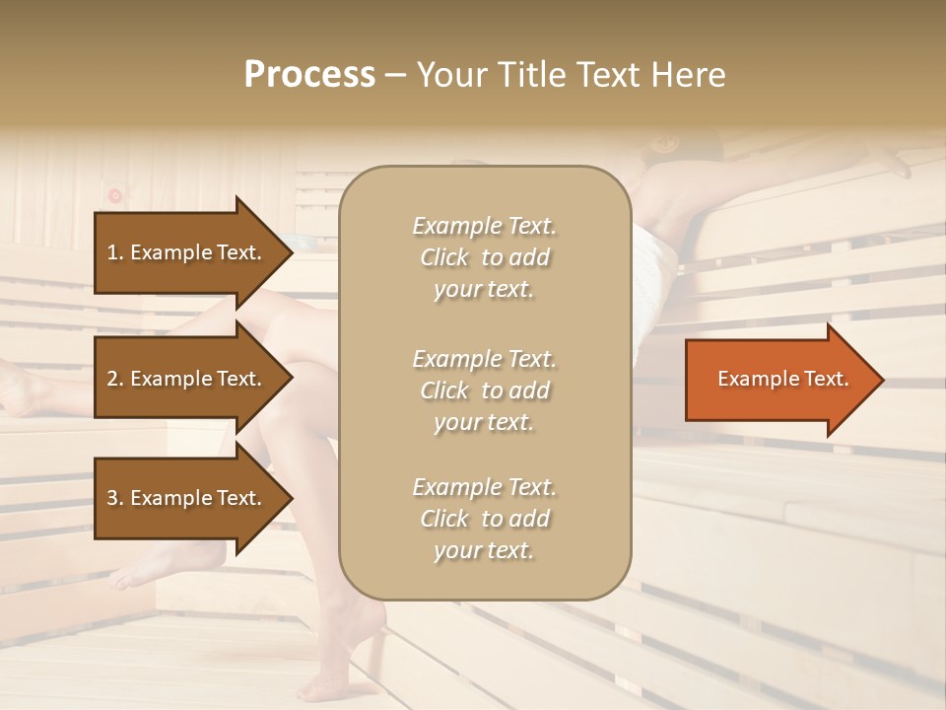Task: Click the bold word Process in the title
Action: pos(309,75)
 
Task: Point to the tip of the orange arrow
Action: pos(881,380)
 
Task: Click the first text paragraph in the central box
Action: pos(484,257)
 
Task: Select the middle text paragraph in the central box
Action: pos(484,390)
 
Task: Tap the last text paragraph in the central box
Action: pos(484,519)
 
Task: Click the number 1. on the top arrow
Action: pos(115,252)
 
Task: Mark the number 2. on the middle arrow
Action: pos(115,379)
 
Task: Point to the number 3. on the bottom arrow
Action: pos(115,498)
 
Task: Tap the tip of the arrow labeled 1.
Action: pos(291,252)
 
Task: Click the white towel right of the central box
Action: pos(654,247)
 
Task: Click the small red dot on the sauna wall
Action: pos(114,195)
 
